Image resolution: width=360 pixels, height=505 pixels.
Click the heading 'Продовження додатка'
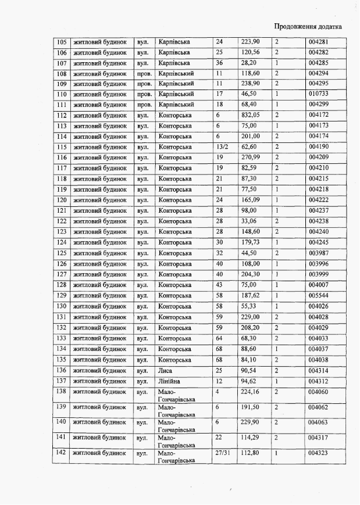(x=307, y=26)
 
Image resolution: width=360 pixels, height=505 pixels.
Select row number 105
(x=61, y=42)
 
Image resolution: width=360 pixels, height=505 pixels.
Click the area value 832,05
(x=251, y=115)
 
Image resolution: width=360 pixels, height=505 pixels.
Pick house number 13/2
(x=222, y=147)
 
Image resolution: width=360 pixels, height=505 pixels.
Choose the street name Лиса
(x=165, y=370)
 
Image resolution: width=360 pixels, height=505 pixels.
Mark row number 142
(x=61, y=452)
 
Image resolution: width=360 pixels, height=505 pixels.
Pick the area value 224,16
(x=251, y=392)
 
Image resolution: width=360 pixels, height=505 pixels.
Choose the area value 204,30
(x=251, y=274)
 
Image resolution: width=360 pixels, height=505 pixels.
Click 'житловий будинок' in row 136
(x=99, y=370)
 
